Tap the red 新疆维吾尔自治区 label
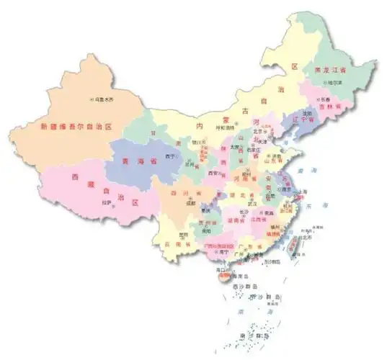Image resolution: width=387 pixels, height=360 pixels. [79, 127]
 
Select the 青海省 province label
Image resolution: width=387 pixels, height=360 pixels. [139, 161]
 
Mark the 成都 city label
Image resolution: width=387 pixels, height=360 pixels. [190, 203]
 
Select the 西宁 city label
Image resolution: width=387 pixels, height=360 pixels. [171, 156]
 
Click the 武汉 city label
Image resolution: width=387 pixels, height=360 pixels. [252, 203]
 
